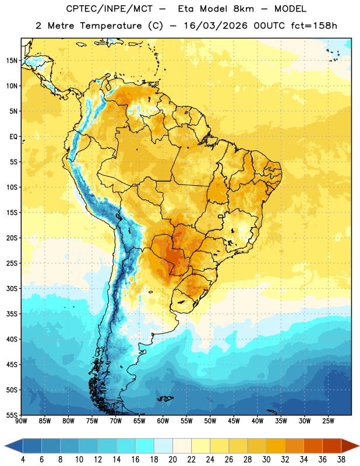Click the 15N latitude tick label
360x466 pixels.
pos(12,61)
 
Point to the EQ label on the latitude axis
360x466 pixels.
pos(13,137)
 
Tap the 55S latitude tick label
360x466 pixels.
pos(12,415)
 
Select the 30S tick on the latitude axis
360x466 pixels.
pos(12,288)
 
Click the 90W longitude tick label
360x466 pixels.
pos(21,421)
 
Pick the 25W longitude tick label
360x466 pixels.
pos(328,421)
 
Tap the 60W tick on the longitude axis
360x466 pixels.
pos(163,421)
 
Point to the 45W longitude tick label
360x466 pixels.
pos(234,421)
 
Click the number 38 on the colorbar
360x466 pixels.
pos(341,460)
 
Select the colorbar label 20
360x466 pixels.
pos(172,460)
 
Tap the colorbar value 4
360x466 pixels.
pos(23,460)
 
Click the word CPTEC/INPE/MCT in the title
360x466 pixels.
pos(110,9)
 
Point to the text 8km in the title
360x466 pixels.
pos(243,9)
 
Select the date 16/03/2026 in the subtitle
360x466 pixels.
pos(216,26)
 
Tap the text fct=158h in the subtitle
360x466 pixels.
pos(314,26)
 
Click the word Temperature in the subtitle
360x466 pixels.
pos(111,26)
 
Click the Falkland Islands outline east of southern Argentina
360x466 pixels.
pos(165,398)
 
